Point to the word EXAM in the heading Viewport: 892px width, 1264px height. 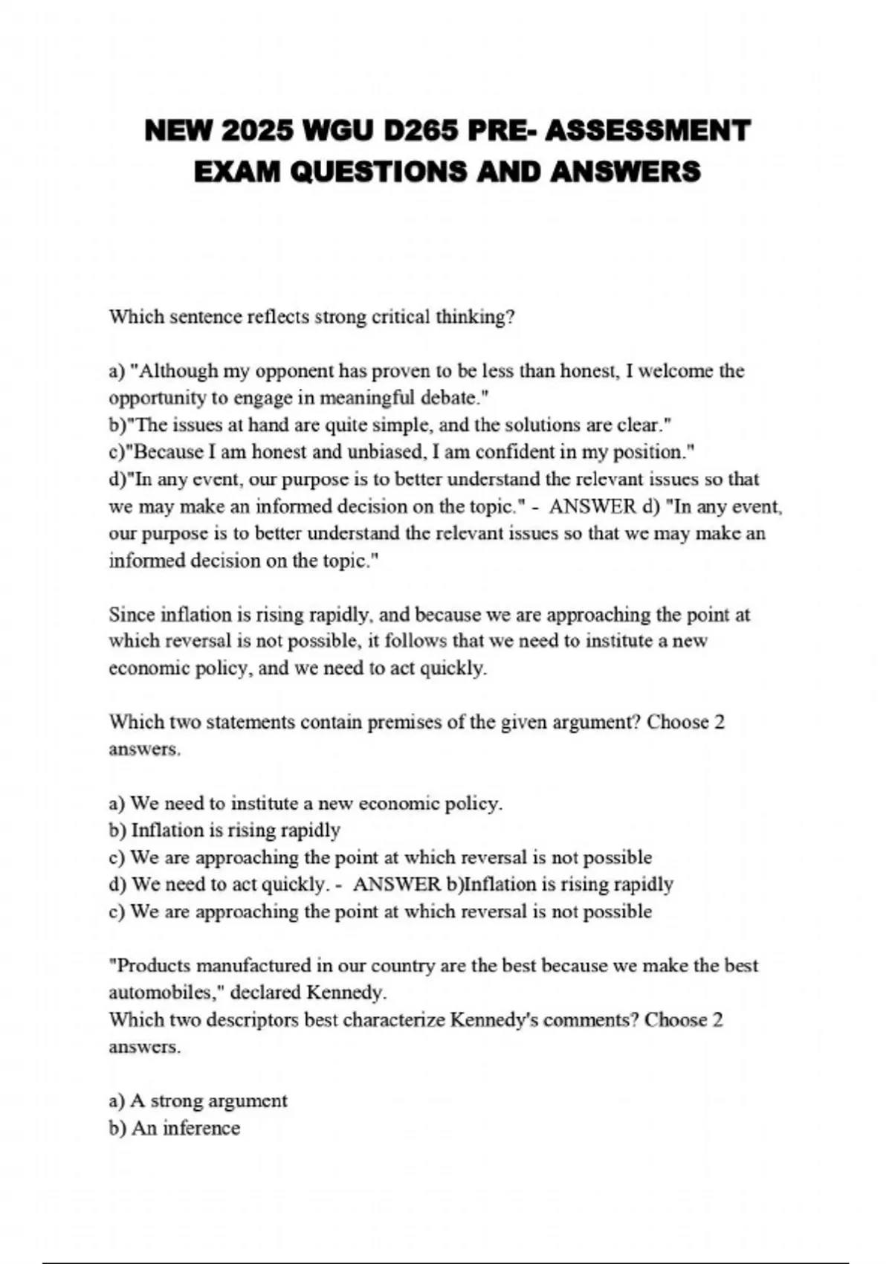(x=236, y=172)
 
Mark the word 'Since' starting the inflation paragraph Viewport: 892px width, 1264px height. (x=132, y=615)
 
